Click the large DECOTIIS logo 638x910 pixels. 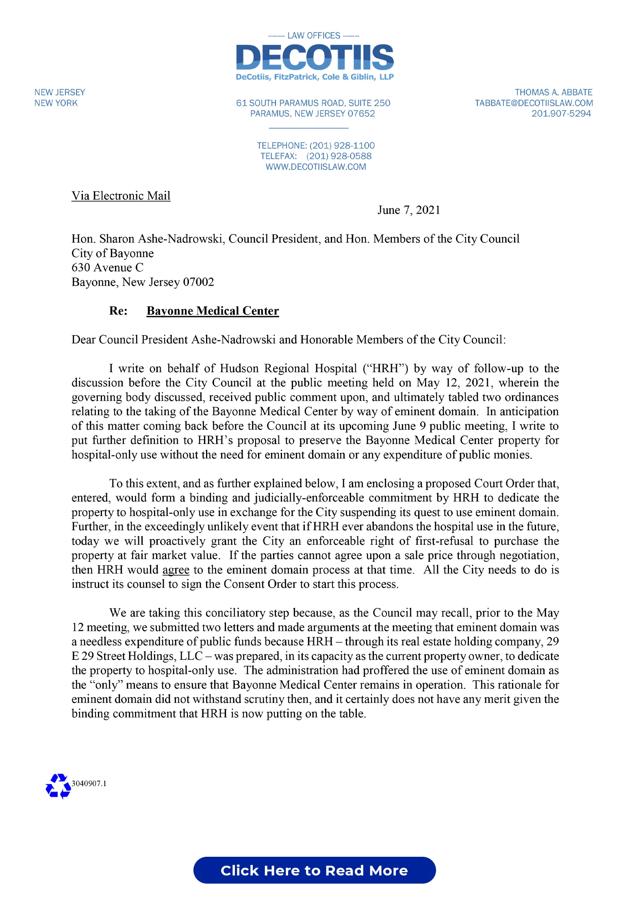(x=315, y=57)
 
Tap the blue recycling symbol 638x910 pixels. (x=58, y=786)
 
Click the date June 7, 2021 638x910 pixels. (x=408, y=210)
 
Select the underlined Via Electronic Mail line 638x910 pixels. (x=121, y=196)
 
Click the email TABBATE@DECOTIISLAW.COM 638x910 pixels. (x=534, y=103)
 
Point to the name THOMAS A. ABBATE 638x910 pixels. (x=553, y=93)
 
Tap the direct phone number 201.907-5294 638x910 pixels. (x=561, y=114)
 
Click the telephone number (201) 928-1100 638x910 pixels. (x=342, y=145)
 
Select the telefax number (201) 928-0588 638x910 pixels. (x=339, y=156)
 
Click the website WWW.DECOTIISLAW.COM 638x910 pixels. (x=316, y=167)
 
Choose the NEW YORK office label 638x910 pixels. (x=56, y=103)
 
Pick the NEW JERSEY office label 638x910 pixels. (x=60, y=93)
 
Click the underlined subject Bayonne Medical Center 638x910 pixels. (x=213, y=311)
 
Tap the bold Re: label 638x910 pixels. (x=118, y=311)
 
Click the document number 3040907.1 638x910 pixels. (x=89, y=784)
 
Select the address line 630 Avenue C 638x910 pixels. (x=107, y=268)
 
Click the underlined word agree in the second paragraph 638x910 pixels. (x=176, y=570)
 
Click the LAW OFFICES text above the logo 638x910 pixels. (x=313, y=36)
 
